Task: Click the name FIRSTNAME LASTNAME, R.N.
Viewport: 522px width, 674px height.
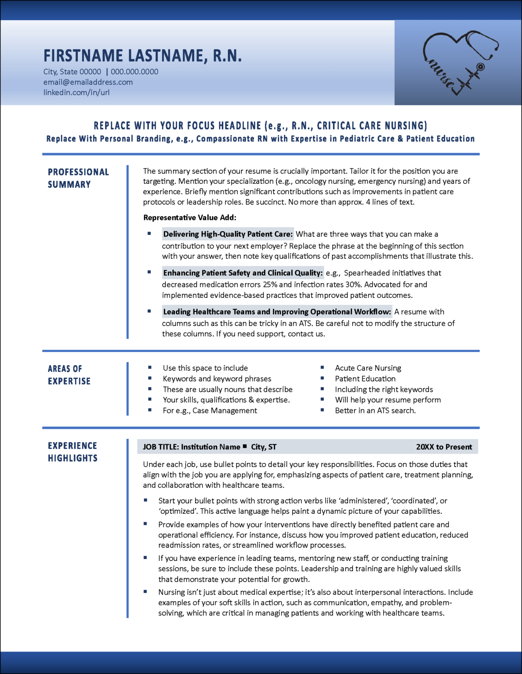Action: coord(142,56)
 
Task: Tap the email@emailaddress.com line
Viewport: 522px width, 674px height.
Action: coord(88,82)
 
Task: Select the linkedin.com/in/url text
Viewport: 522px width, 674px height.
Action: coord(76,93)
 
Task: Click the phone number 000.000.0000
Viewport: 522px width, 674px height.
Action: coord(134,72)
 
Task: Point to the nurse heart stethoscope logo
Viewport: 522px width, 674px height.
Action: coord(460,62)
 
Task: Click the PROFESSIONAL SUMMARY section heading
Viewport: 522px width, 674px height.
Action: coord(78,178)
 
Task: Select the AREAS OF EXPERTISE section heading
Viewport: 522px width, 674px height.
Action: coord(69,375)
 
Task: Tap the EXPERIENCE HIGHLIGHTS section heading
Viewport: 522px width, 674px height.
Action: coord(72,452)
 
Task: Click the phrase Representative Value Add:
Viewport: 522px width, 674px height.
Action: coord(190,218)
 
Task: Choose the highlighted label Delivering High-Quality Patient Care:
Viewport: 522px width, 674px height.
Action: coord(228,234)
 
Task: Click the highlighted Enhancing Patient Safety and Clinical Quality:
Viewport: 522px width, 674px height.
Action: coord(243,273)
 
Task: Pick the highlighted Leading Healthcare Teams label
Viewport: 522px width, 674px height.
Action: coord(277,312)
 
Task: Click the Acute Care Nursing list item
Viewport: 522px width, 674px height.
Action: coord(368,368)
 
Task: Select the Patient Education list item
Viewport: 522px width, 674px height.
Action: coord(365,379)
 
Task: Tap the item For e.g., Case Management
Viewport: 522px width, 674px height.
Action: coord(210,410)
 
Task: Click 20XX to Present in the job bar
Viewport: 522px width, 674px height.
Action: coord(444,447)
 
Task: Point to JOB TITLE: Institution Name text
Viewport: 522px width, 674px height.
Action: coord(191,447)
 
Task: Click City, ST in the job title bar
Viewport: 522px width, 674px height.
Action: coord(264,447)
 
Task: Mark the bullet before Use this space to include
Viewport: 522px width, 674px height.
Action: coord(150,367)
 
